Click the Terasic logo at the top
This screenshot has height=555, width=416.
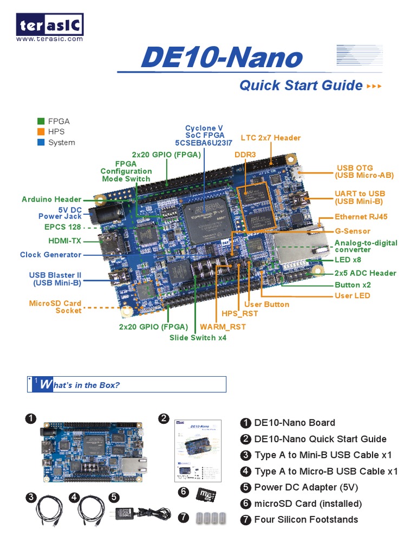(50, 25)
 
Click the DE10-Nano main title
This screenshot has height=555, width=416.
(221, 59)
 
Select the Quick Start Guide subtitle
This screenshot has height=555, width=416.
(301, 85)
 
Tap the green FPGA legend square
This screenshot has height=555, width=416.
(41, 121)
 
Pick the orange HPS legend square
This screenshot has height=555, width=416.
(41, 132)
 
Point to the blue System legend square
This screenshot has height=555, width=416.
(41, 143)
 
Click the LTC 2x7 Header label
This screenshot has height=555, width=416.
(270, 138)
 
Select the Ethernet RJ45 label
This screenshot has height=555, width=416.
(361, 217)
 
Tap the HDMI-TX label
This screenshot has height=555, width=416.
(64, 241)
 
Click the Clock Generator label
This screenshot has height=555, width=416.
(50, 255)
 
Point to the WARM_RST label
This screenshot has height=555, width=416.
(223, 327)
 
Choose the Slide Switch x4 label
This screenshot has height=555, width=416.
(198, 338)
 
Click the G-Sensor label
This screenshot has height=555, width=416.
(352, 231)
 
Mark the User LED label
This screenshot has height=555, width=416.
(352, 295)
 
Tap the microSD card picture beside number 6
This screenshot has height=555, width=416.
(206, 495)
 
